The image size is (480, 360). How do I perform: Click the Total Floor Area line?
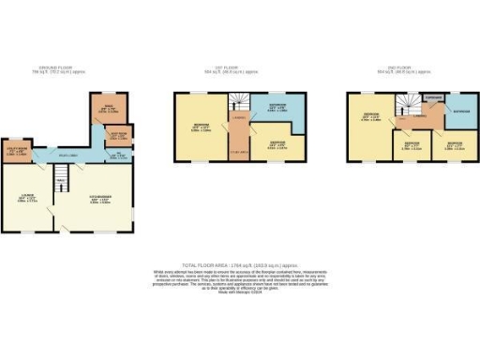click(238, 266)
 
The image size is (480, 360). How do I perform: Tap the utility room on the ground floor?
click(22, 150)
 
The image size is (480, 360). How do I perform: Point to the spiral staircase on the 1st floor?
click(240, 102)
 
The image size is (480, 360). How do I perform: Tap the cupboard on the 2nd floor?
click(431, 97)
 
